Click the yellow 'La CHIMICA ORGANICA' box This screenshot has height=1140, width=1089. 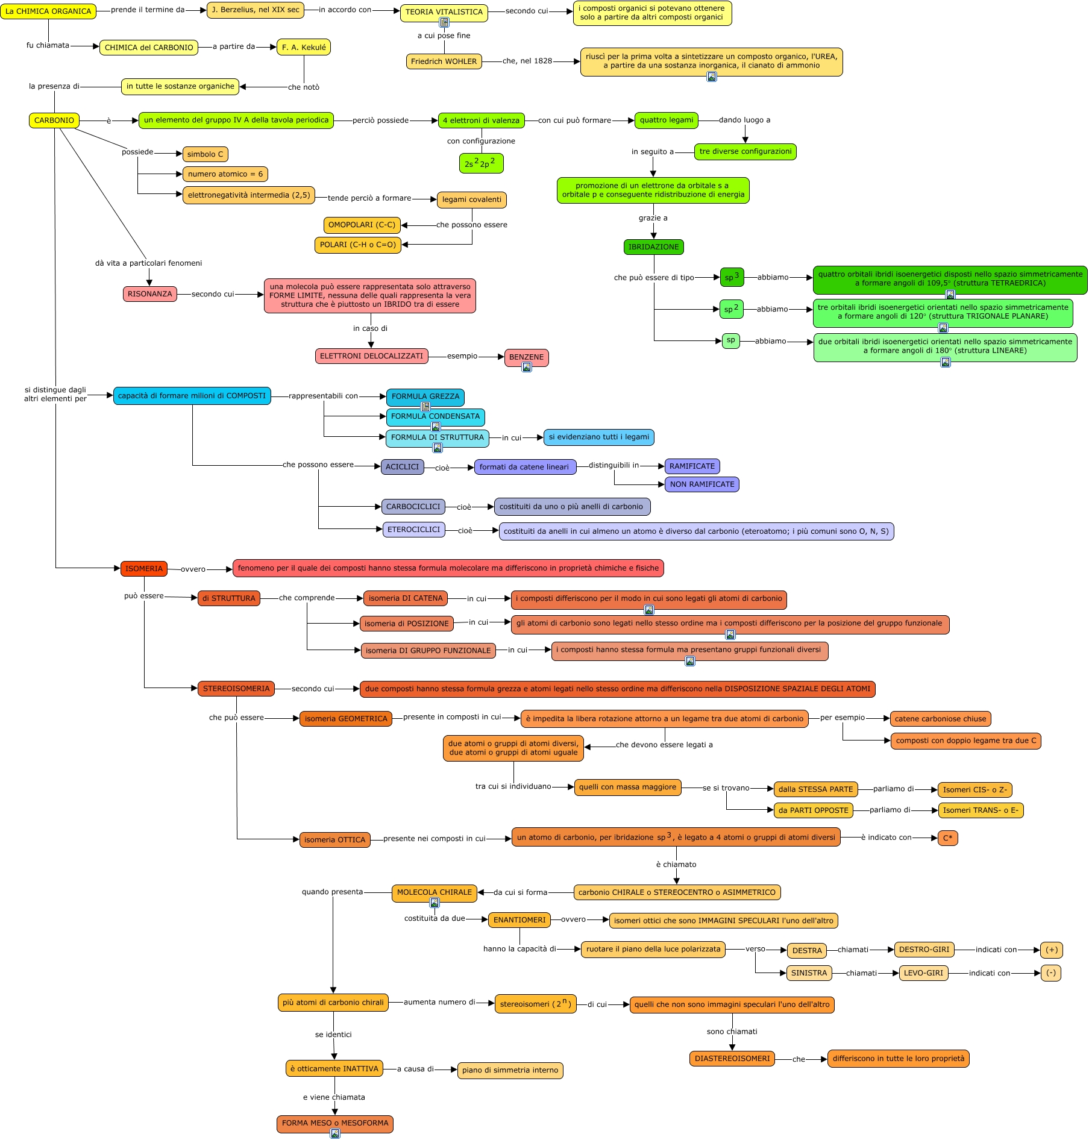pyautogui.click(x=48, y=11)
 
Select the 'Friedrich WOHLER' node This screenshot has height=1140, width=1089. pyautogui.click(x=444, y=61)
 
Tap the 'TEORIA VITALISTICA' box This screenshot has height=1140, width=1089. pyautogui.click(x=444, y=12)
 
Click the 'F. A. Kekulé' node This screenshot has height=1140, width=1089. pyautogui.click(x=304, y=47)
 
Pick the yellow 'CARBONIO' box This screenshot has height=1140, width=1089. pyautogui.click(x=54, y=121)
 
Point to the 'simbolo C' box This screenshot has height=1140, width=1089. pyautogui.click(x=205, y=154)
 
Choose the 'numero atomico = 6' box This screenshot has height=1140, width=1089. pyautogui.click(x=225, y=174)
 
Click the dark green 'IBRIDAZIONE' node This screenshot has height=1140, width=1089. pyautogui.click(x=653, y=247)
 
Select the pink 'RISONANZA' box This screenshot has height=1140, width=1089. pyautogui.click(x=149, y=294)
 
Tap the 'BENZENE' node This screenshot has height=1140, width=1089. pyautogui.click(x=526, y=357)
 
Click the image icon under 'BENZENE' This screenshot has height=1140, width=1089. pyautogui.click(x=527, y=367)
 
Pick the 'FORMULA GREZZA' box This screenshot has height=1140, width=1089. pyautogui.click(x=425, y=396)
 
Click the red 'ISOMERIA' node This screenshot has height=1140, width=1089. pyautogui.click(x=143, y=568)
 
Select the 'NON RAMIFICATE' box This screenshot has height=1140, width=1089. pyautogui.click(x=701, y=484)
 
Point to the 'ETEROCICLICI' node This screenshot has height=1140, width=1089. pyautogui.click(x=413, y=530)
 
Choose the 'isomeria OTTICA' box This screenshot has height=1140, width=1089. pyautogui.click(x=334, y=840)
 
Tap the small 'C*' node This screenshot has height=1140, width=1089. pyautogui.click(x=947, y=838)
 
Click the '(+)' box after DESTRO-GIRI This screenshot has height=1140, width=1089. pyautogui.click(x=1051, y=950)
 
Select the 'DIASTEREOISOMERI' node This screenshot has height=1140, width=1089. pyautogui.click(x=732, y=1059)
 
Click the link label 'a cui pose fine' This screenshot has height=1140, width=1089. pyautogui.click(x=444, y=36)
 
